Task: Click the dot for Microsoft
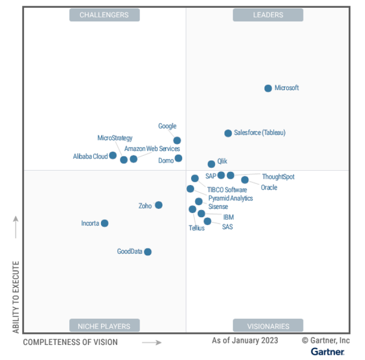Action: coord(268,89)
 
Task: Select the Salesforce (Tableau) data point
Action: coord(228,133)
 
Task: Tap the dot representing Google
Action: coord(177,140)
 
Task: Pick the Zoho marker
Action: coord(159,205)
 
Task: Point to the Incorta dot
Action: coord(105,224)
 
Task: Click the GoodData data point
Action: coord(148,252)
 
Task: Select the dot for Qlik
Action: coord(211,164)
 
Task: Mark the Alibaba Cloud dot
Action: coord(113,155)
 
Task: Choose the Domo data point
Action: coord(179,158)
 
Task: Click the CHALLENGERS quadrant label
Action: coord(104,15)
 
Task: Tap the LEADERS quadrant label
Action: coord(268,15)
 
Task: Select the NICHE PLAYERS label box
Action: coord(104,326)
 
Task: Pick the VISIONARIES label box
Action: coord(268,326)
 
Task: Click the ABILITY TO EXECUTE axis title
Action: coord(16,297)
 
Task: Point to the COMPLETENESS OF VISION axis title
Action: coord(70,342)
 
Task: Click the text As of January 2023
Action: coord(245,341)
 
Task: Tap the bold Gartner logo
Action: coord(328,352)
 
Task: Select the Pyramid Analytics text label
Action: coord(231,198)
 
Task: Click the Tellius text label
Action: coord(196,228)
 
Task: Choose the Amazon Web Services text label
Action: coord(152,149)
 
